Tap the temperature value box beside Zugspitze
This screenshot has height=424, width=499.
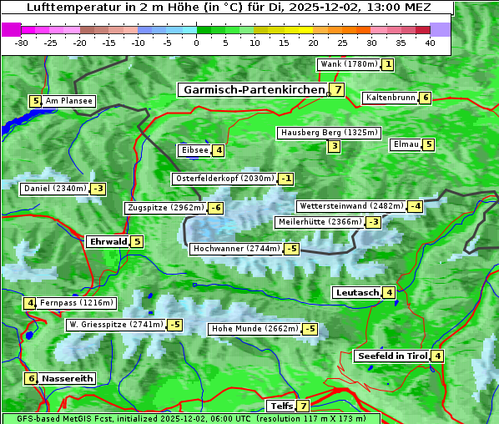(x=216, y=208)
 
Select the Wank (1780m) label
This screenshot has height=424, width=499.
(x=349, y=64)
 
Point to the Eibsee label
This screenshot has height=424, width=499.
(x=194, y=150)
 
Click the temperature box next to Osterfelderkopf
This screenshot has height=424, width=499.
(x=286, y=179)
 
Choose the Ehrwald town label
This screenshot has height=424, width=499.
(x=108, y=242)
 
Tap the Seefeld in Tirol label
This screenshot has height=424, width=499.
(x=392, y=356)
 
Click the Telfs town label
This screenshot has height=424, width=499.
(x=280, y=406)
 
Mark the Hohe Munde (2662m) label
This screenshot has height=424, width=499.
(x=255, y=329)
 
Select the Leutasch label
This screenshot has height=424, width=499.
(x=357, y=293)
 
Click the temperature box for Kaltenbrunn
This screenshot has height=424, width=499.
(x=425, y=98)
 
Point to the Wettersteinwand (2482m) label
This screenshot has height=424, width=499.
(x=350, y=206)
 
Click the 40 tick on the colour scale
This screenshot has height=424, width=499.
(x=430, y=42)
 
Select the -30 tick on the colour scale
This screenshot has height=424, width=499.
(x=22, y=42)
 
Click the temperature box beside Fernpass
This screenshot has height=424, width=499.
(x=30, y=303)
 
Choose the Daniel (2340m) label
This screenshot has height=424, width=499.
(x=55, y=189)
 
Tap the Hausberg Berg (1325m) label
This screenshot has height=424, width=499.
(x=329, y=133)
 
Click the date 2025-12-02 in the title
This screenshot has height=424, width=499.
(x=343, y=8)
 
